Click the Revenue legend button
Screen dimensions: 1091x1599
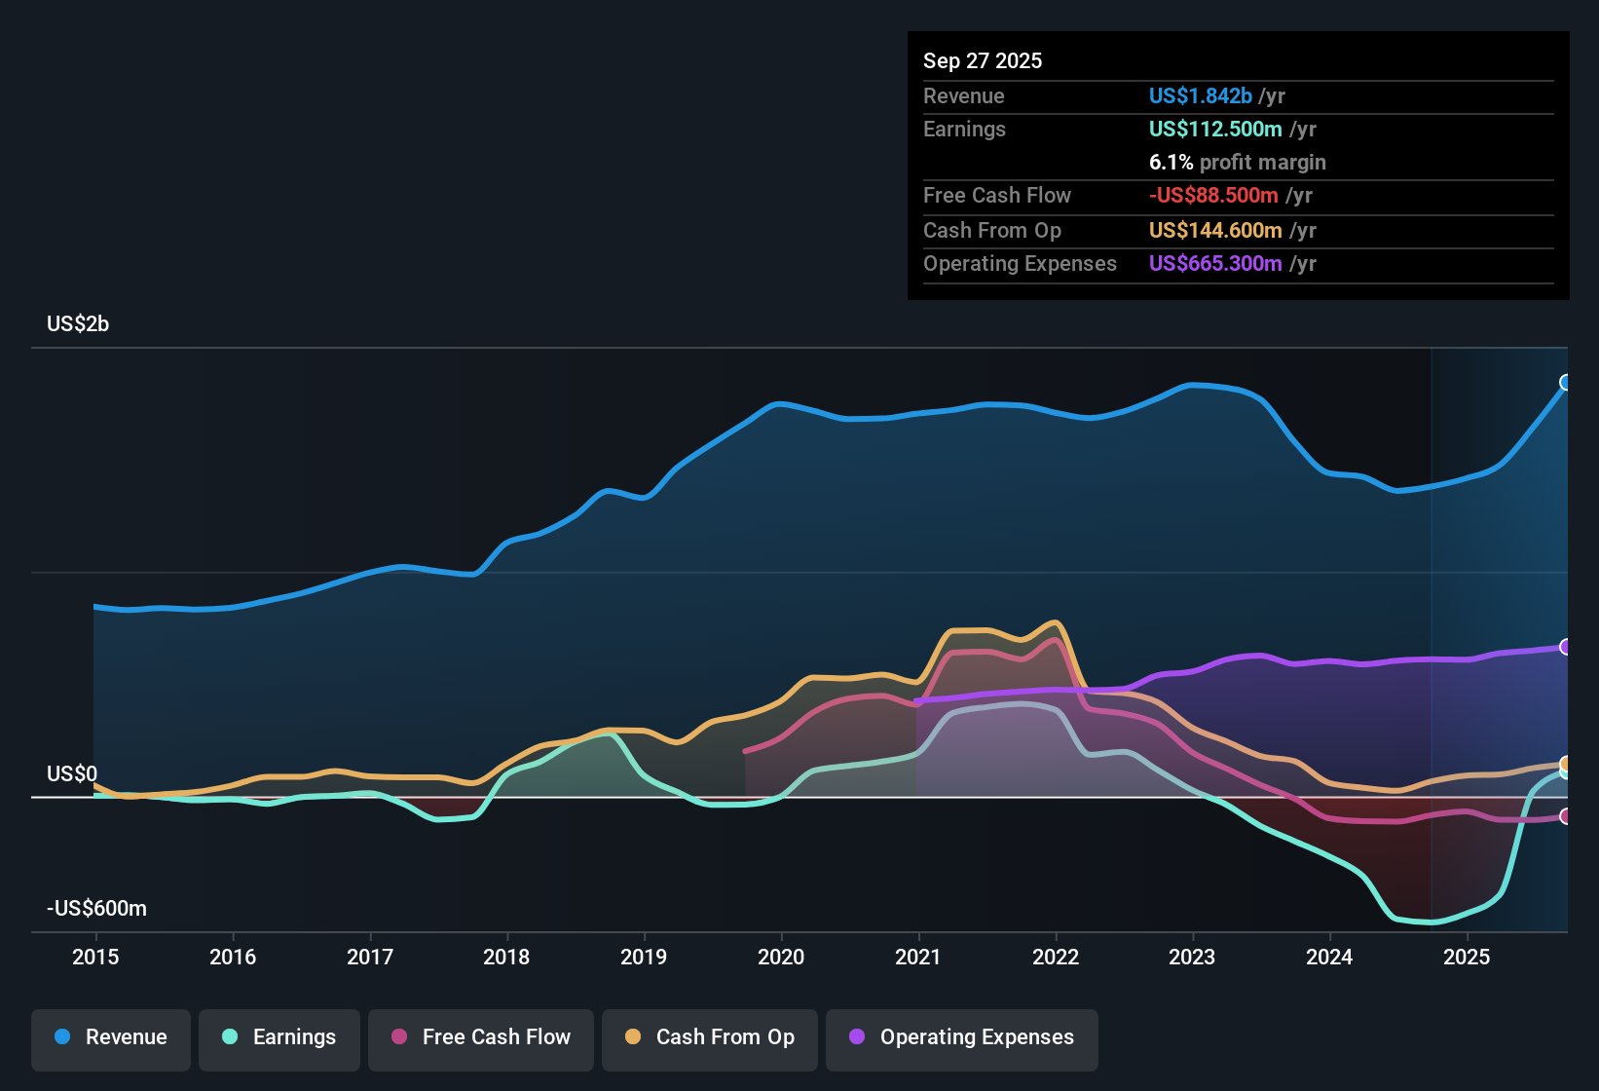click(x=111, y=1037)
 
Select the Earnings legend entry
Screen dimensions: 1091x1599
click(x=279, y=1037)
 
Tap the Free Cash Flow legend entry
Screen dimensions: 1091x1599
click(x=481, y=1037)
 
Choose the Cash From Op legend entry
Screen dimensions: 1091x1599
click(x=710, y=1037)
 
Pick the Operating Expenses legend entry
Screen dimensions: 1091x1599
click(x=962, y=1037)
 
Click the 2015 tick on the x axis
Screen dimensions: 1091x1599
click(x=95, y=957)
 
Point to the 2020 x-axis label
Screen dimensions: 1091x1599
click(x=781, y=957)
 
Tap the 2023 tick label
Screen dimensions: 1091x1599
click(x=1192, y=957)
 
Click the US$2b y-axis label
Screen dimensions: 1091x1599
click(x=78, y=324)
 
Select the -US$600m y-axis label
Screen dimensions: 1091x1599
click(x=96, y=909)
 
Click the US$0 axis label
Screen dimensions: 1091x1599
click(x=72, y=774)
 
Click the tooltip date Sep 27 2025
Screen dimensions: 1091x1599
click(x=983, y=60)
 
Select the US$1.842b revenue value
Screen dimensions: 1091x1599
click(x=1200, y=95)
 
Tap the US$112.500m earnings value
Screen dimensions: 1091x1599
click(x=1214, y=129)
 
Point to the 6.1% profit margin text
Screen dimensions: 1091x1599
click(x=1237, y=163)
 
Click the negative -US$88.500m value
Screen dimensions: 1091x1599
click(x=1212, y=196)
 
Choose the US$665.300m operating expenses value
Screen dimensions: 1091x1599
click(x=1214, y=264)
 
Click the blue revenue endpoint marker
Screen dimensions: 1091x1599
click(x=1566, y=383)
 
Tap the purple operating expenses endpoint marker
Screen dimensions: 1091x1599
click(x=1566, y=647)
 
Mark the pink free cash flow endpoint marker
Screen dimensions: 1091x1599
click(x=1566, y=816)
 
